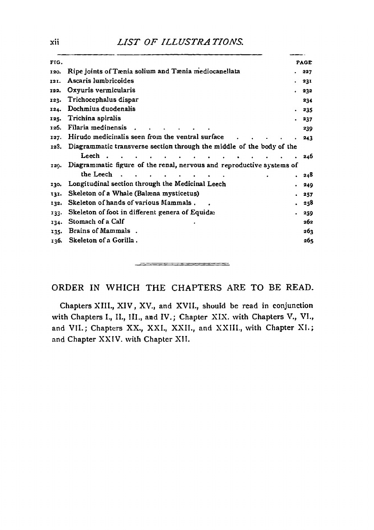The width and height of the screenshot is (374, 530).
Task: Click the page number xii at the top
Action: (55, 43)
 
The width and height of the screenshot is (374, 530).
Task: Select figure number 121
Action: (56, 81)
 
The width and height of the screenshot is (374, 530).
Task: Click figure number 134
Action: (56, 222)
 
